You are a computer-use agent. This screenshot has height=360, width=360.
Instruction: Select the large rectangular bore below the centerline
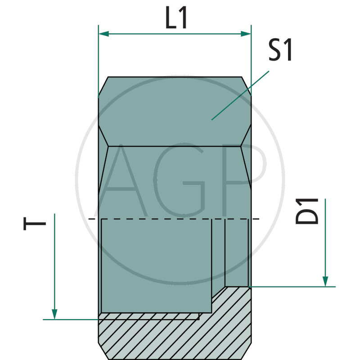[156, 265]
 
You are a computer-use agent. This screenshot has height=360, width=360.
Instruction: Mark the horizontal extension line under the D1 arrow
[292, 286]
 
